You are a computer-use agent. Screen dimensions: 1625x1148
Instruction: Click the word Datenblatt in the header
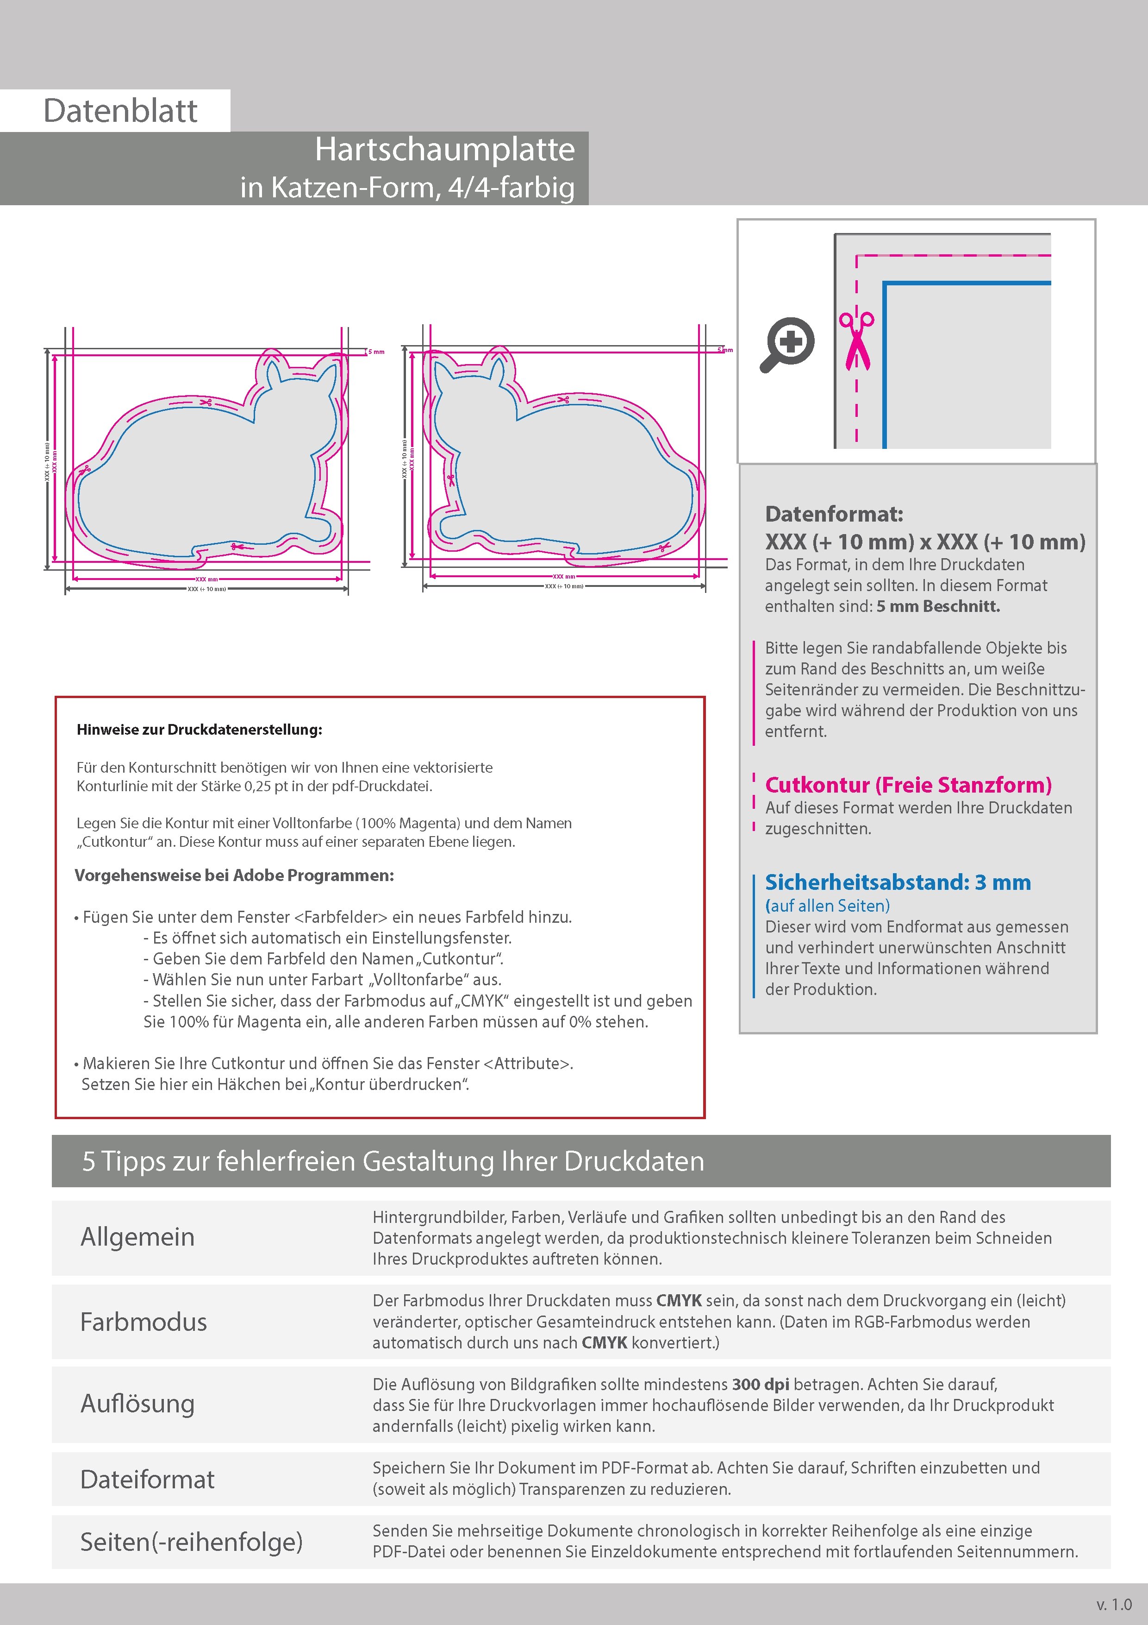tap(120, 111)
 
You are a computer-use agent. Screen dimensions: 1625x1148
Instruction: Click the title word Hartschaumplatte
tap(444, 149)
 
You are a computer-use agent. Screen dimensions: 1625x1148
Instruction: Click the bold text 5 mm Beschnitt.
tap(938, 606)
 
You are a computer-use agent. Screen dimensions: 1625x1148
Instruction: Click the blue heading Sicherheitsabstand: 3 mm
tap(898, 882)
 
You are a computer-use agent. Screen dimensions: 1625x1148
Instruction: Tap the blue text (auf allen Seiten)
tap(827, 906)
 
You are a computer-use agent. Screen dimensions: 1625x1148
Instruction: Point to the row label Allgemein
tap(137, 1237)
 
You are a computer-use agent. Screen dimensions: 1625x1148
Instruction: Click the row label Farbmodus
tap(143, 1322)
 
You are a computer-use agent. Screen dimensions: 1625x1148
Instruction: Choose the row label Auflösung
tap(137, 1404)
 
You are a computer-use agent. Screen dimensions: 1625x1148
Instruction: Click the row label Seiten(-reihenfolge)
tap(191, 1542)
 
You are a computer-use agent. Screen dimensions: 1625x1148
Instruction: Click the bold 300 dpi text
tap(761, 1385)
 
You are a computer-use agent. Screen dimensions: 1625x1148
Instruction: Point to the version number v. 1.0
tap(1114, 1605)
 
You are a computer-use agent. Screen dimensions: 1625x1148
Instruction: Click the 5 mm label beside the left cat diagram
tap(376, 352)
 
